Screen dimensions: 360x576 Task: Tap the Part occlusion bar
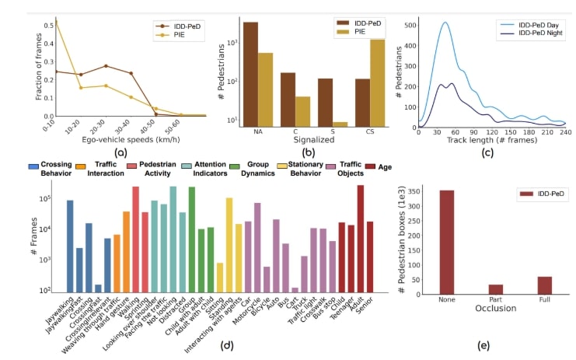(x=496, y=290)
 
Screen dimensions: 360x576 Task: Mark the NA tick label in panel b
(x=257, y=132)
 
